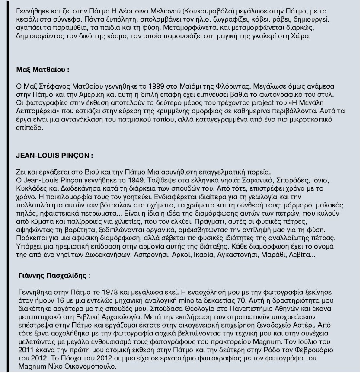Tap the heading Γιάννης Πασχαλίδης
[x=54, y=275]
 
